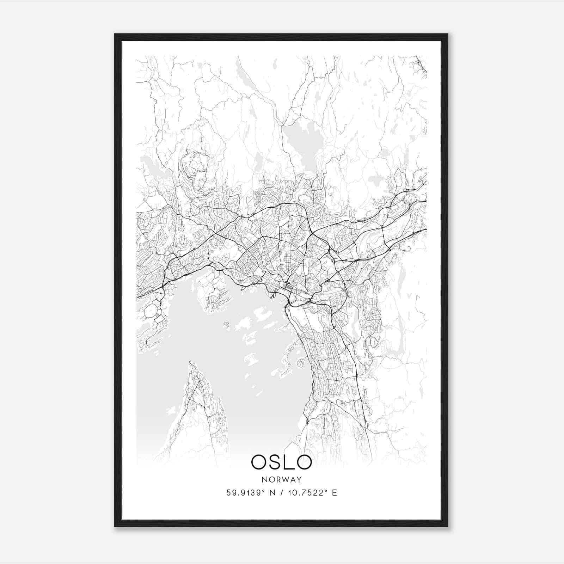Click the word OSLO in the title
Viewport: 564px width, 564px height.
tap(281, 462)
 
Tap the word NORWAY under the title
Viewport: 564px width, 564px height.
tap(282, 480)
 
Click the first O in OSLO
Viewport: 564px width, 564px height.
tap(259, 462)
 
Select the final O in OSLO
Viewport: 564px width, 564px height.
tap(304, 462)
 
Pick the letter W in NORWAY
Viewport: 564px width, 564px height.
tap(284, 480)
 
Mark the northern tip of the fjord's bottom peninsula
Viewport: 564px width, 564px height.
tap(190, 362)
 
